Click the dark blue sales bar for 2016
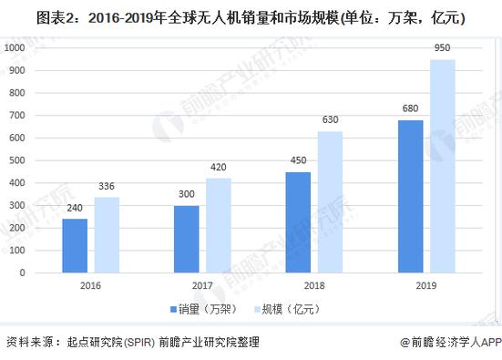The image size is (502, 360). coord(75,245)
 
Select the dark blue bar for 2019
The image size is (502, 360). coord(410,196)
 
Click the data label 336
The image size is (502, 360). coord(107,187)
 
